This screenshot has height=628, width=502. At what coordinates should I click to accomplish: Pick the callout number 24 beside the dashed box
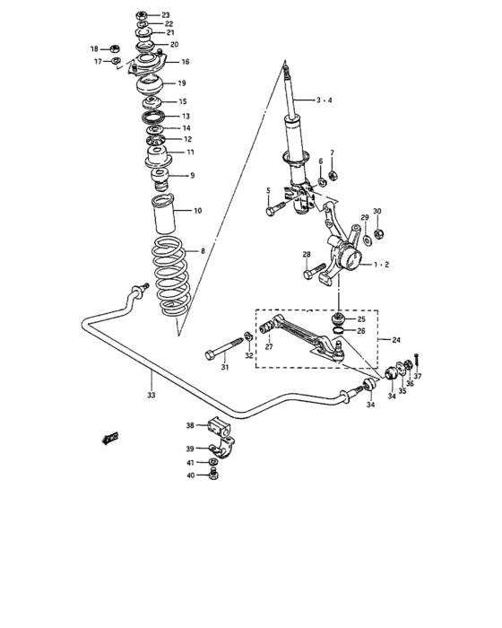coord(395,341)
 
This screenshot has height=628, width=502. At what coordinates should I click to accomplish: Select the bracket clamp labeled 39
coord(220,449)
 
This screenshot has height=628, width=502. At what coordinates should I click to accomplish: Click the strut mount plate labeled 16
coord(147,64)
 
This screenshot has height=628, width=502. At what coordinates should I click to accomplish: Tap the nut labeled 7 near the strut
coord(332,174)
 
